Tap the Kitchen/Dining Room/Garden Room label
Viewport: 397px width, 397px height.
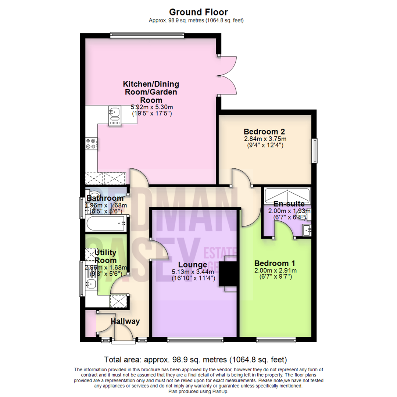click(x=151, y=92)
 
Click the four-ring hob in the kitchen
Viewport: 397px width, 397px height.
click(x=91, y=143)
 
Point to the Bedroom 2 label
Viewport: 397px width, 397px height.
click(x=265, y=132)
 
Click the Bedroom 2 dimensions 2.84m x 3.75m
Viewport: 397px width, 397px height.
click(x=265, y=139)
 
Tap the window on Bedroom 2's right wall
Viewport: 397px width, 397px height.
click(x=315, y=151)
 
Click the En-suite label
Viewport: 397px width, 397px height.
click(x=289, y=204)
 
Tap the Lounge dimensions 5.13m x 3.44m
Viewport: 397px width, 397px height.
click(x=192, y=272)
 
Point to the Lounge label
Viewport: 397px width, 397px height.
click(x=192, y=265)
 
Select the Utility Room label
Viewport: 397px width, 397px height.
click(x=105, y=256)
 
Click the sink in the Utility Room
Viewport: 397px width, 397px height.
click(x=91, y=283)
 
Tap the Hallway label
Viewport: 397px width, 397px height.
click(x=125, y=321)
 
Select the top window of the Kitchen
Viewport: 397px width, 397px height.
click(x=147, y=35)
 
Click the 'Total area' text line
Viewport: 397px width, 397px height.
click(x=196, y=359)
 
